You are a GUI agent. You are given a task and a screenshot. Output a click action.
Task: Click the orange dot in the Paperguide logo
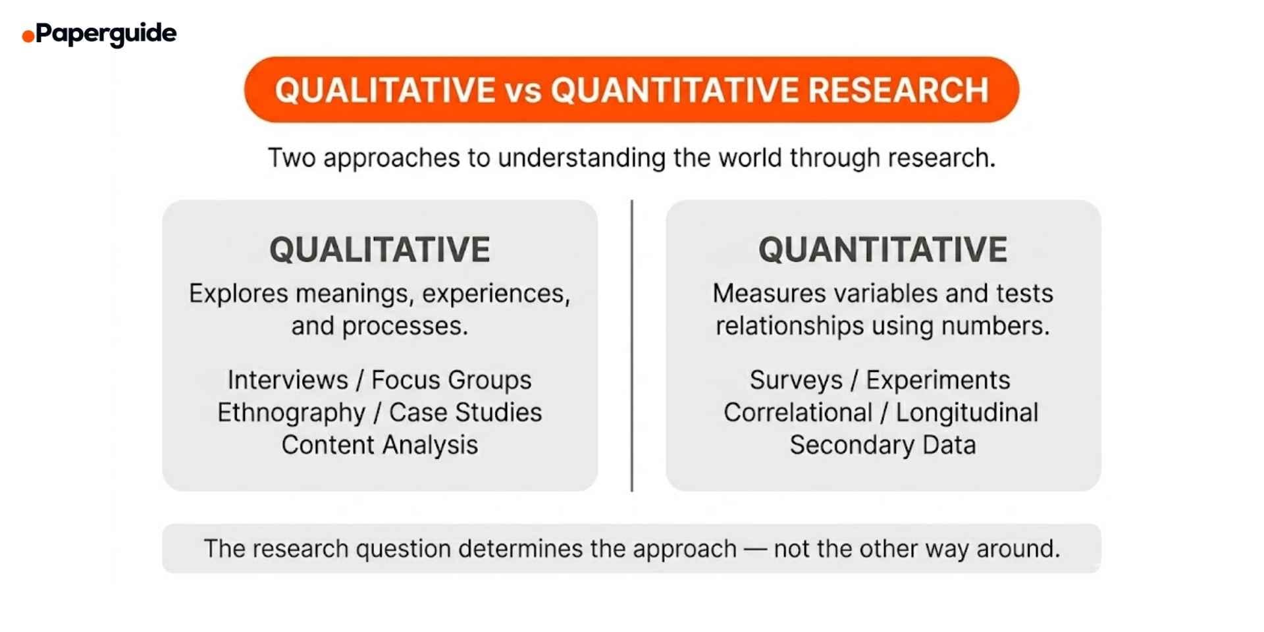click(28, 36)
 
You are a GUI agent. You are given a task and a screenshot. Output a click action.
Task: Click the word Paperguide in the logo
click(106, 34)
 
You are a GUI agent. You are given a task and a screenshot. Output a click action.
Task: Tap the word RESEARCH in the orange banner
click(898, 90)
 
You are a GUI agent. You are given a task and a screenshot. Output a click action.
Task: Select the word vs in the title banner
click(523, 91)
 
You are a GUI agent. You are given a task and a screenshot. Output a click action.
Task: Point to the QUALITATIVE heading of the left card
click(380, 250)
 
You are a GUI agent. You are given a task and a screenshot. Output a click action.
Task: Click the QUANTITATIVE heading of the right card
click(883, 250)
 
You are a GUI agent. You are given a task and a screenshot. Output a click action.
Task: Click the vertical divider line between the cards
click(632, 346)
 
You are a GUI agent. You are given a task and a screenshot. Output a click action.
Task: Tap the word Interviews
click(288, 380)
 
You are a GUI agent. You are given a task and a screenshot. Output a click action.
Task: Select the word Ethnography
click(291, 413)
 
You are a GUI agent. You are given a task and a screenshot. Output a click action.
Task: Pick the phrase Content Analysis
click(380, 445)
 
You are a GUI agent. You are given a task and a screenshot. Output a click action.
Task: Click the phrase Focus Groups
click(451, 380)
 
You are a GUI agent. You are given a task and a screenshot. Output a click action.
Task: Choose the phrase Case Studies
click(465, 413)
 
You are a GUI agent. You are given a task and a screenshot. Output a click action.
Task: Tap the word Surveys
click(796, 380)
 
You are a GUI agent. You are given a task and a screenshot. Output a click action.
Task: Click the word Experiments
click(937, 380)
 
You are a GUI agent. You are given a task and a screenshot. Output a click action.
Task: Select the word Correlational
click(798, 413)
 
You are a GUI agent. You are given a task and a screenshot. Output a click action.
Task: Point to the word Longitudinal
click(967, 413)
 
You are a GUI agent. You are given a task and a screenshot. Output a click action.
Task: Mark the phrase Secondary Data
click(883, 445)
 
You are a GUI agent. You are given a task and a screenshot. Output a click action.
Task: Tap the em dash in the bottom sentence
click(754, 549)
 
